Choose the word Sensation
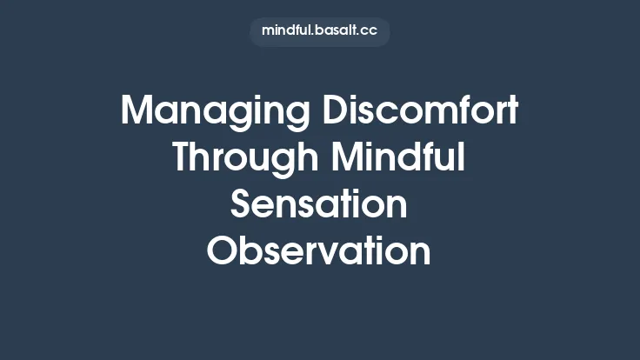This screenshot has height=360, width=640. click(319, 205)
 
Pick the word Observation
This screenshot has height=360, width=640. click(319, 251)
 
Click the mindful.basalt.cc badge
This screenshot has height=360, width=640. click(319, 31)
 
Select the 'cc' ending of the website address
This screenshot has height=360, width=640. click(369, 31)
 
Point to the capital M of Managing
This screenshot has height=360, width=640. click(137, 112)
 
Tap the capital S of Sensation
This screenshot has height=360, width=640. click(242, 205)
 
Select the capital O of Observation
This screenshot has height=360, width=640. click(222, 251)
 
